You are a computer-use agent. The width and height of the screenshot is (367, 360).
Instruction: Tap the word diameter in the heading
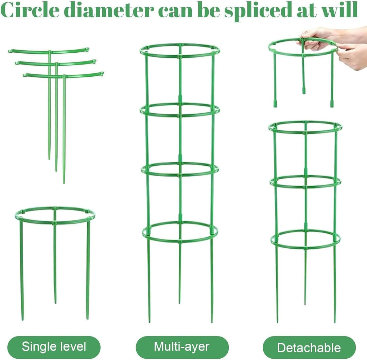pyautogui.click(x=109, y=10)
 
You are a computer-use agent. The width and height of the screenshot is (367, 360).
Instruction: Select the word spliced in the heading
pyautogui.click(x=258, y=12)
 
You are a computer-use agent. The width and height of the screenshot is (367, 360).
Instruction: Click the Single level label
pyautogui.click(x=54, y=346)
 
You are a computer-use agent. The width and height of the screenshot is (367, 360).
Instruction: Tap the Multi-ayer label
pyautogui.click(x=181, y=346)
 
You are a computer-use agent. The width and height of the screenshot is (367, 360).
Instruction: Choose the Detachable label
pyautogui.click(x=309, y=347)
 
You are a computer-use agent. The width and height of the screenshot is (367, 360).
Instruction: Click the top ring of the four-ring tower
pyautogui.click(x=180, y=57)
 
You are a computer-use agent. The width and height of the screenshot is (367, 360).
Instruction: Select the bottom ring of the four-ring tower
pyautogui.click(x=180, y=241)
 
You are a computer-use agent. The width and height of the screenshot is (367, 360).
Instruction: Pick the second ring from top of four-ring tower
pyautogui.click(x=180, y=116)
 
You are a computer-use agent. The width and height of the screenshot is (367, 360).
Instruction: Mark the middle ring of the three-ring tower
pyautogui.click(x=305, y=187)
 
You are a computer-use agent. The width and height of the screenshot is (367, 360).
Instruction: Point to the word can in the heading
pyautogui.click(x=176, y=12)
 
